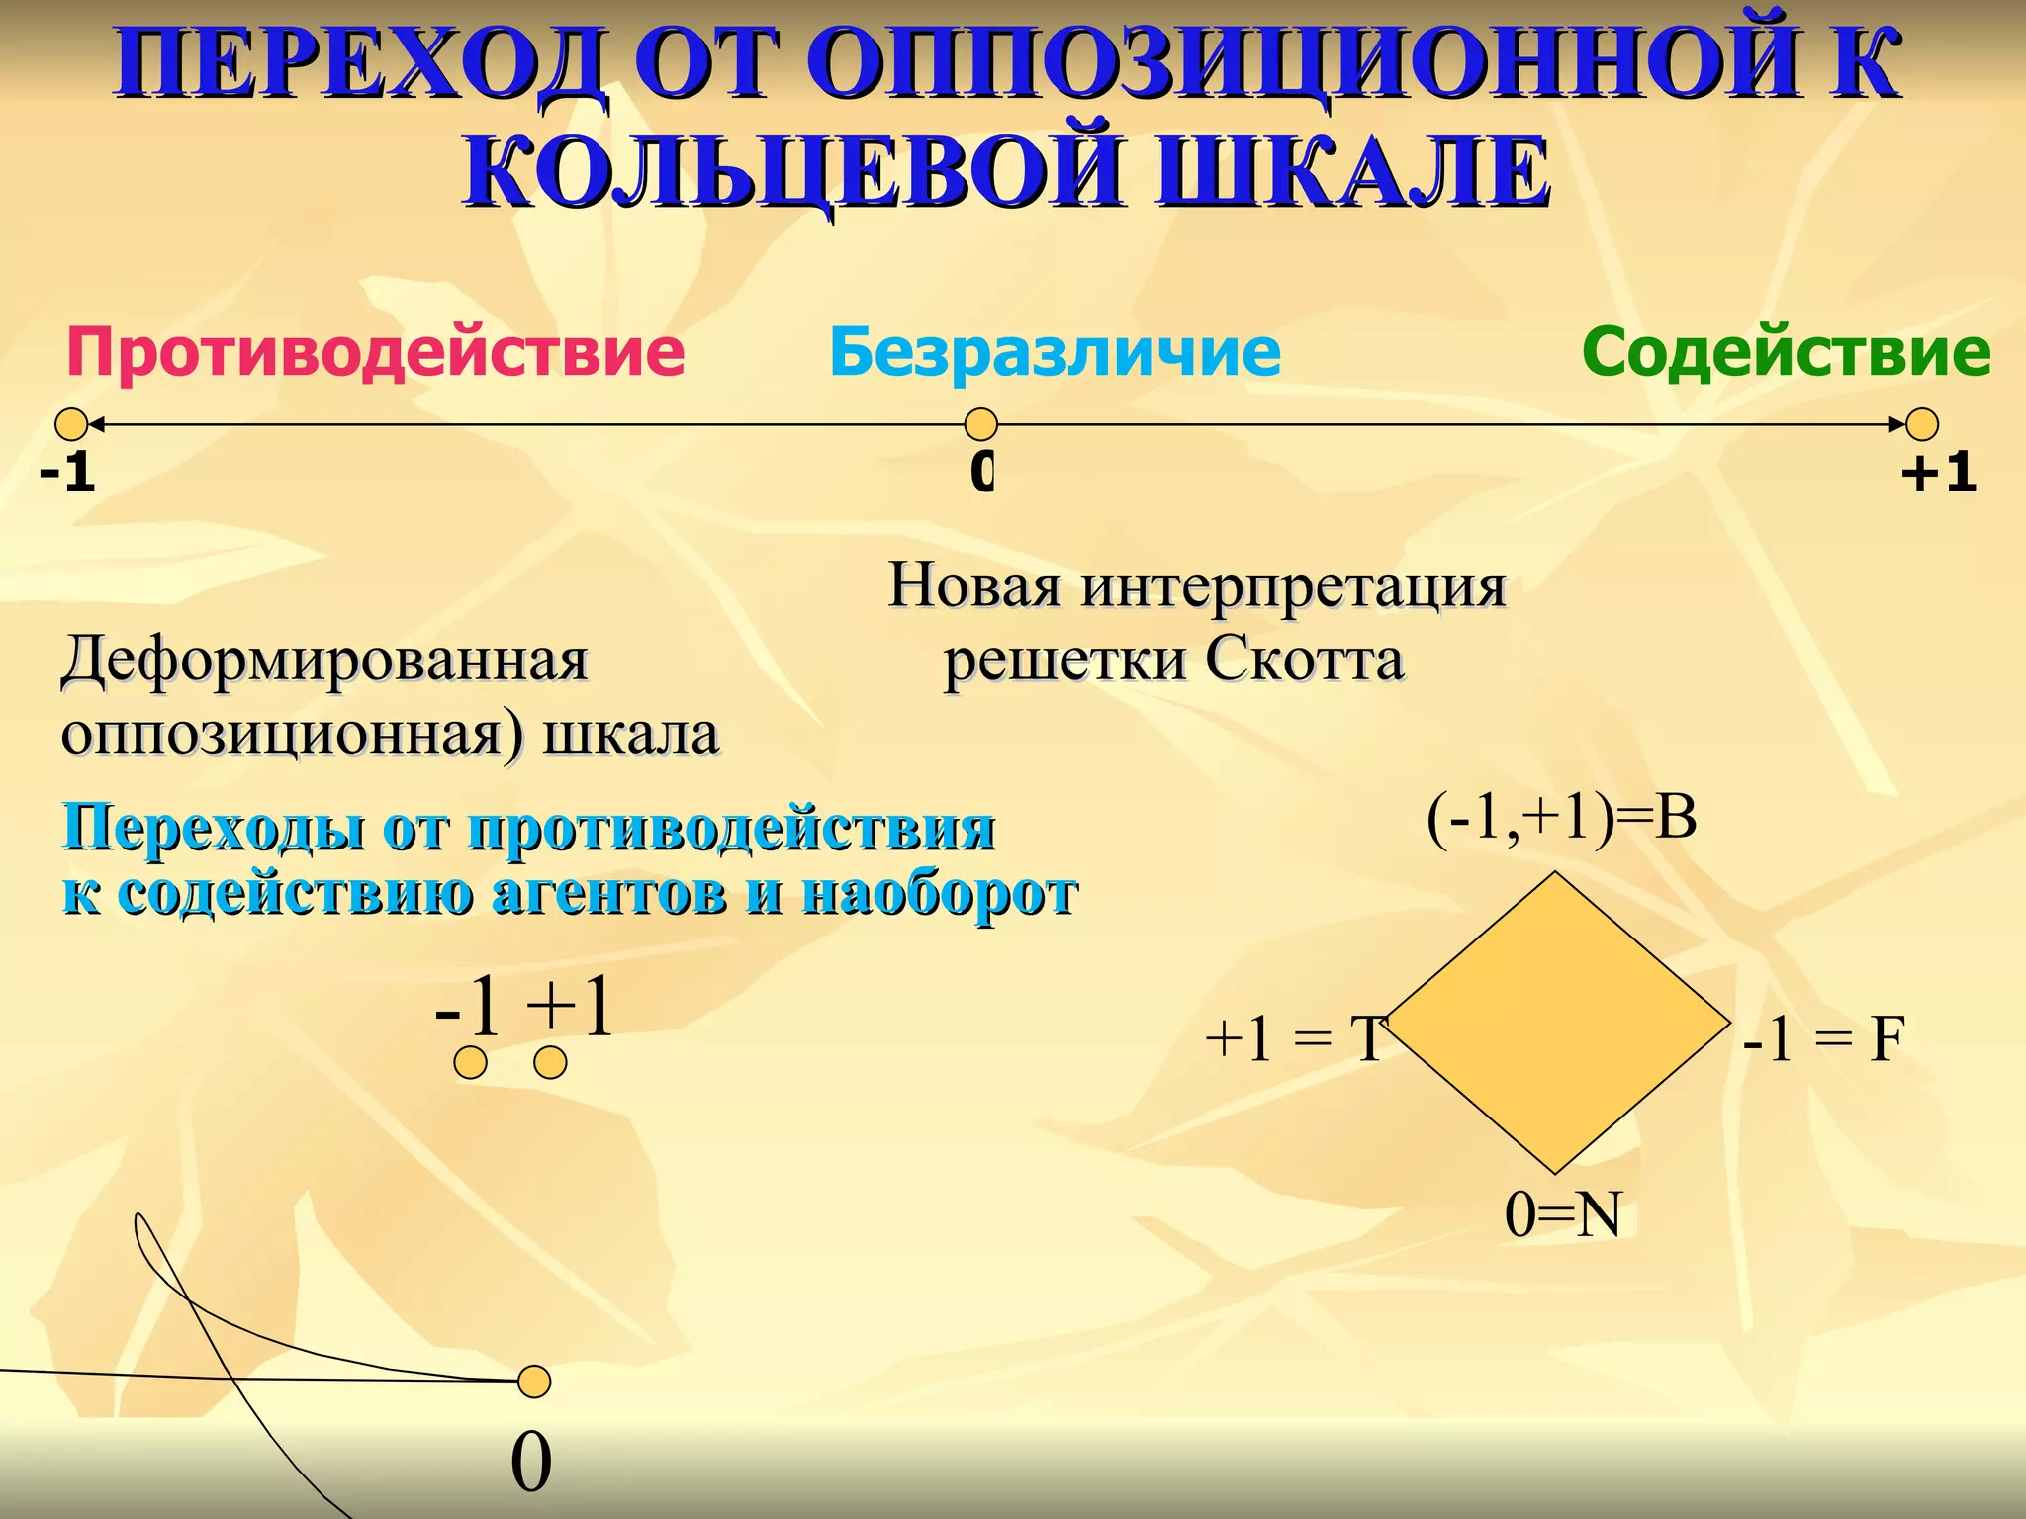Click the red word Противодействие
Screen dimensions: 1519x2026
click(x=375, y=353)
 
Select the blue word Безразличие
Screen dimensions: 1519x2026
click(x=1055, y=353)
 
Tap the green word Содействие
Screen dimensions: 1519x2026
click(x=1786, y=353)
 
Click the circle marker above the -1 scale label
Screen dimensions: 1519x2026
click(x=71, y=425)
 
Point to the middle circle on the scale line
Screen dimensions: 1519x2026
click(x=980, y=425)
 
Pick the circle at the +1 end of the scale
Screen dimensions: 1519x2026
click(x=1921, y=425)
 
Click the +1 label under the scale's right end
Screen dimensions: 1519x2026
click(x=1938, y=473)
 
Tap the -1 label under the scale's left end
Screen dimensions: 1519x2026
click(x=67, y=473)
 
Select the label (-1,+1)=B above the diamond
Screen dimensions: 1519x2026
click(x=1561, y=819)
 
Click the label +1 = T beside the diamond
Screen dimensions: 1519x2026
click(x=1296, y=1040)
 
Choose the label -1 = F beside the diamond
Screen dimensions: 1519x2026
click(x=1822, y=1040)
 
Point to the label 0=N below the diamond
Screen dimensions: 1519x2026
click(x=1563, y=1214)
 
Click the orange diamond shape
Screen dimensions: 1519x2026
click(x=1556, y=1023)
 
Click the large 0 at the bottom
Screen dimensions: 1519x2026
click(x=531, y=1464)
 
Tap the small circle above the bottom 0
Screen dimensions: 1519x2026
click(x=534, y=1382)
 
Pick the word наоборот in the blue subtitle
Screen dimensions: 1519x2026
click(x=940, y=893)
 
